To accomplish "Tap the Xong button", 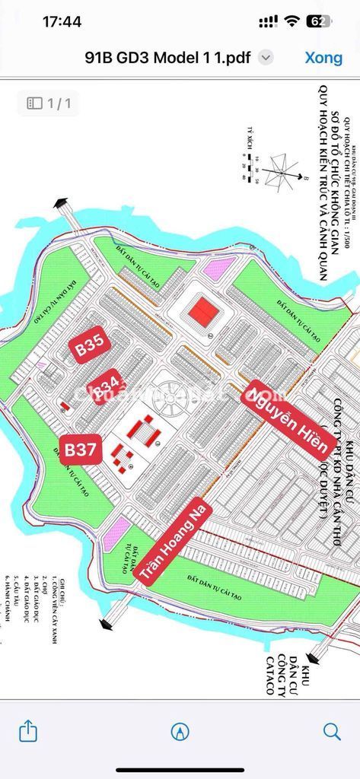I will [323, 57].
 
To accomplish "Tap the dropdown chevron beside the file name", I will [265, 57].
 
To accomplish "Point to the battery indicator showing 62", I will [318, 21].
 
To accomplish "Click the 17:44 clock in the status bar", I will [62, 21].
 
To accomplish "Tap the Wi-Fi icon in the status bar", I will [290, 21].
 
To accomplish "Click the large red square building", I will [202, 310].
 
